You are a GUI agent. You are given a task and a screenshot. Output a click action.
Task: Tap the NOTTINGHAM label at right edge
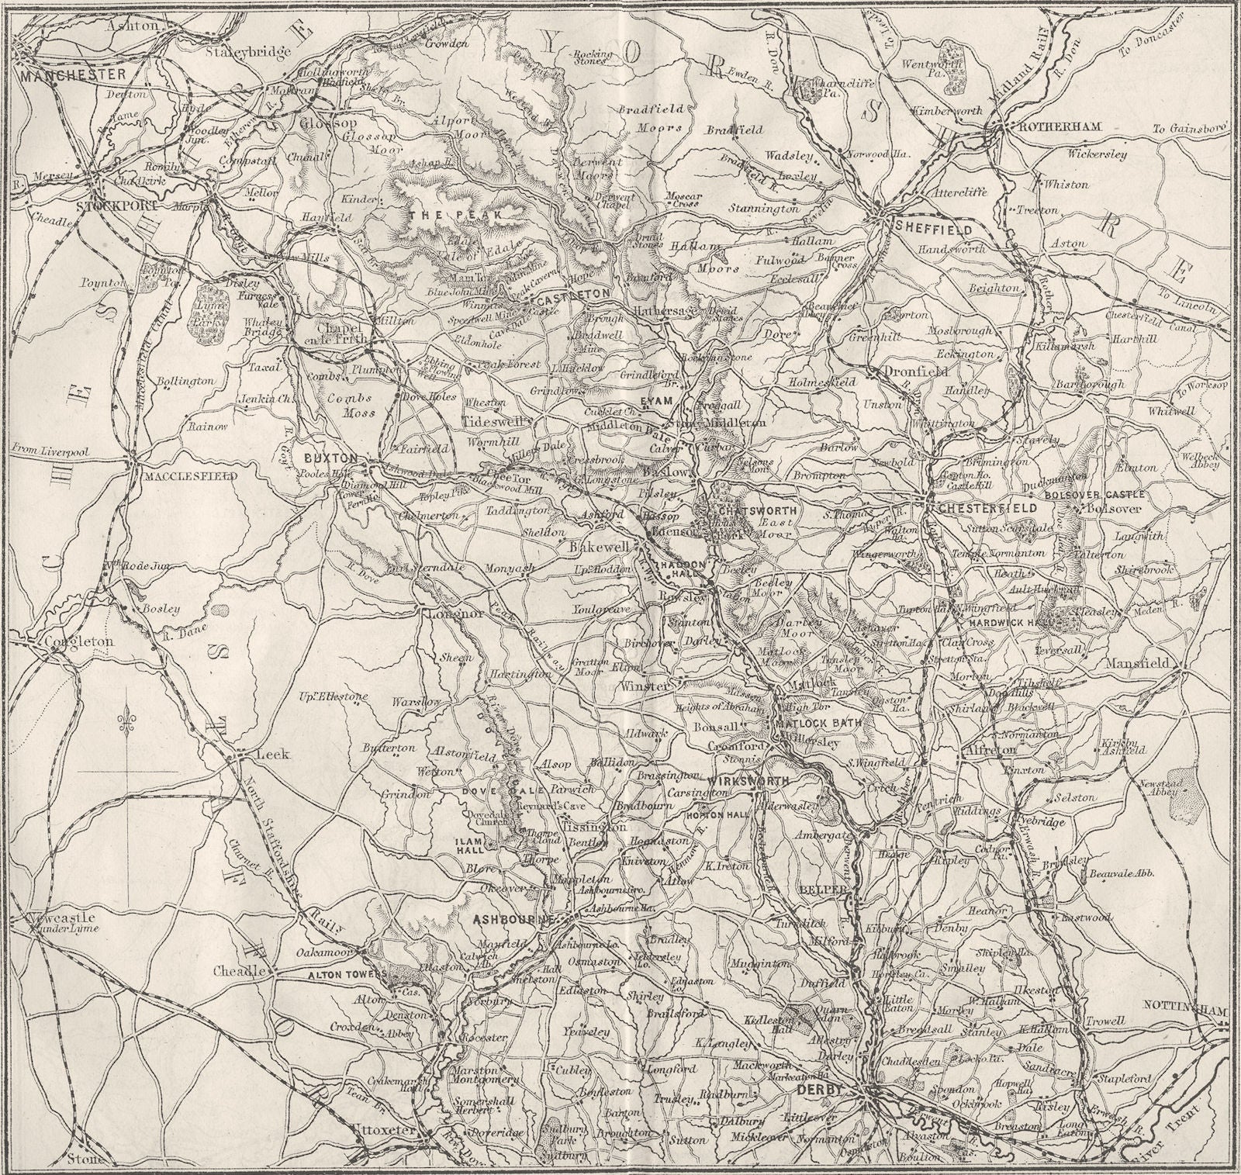[1187, 1011]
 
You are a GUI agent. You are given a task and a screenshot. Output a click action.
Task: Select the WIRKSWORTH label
[749, 782]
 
